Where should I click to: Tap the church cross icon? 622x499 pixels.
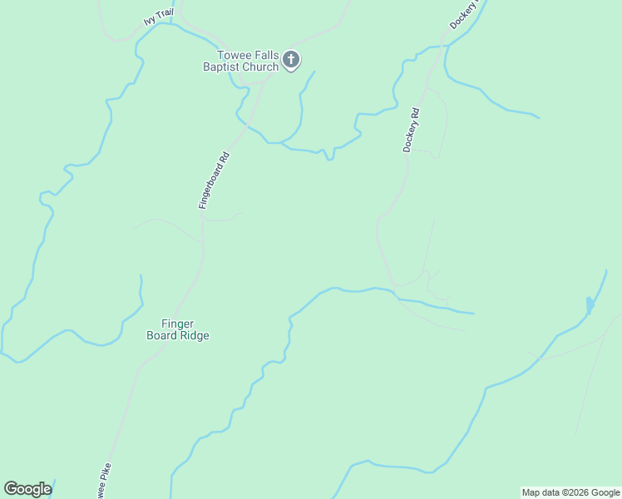click(291, 59)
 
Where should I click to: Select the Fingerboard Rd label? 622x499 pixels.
click(214, 180)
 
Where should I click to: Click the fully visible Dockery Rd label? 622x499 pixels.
click(409, 129)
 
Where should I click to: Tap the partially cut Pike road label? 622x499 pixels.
click(102, 482)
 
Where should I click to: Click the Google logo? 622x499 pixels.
click(27, 489)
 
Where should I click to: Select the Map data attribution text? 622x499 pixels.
click(571, 492)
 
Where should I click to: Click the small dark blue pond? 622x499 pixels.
click(590, 305)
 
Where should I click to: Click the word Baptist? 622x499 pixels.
click(222, 67)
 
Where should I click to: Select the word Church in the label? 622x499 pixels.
click(260, 67)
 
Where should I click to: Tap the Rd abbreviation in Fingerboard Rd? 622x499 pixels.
click(223, 157)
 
